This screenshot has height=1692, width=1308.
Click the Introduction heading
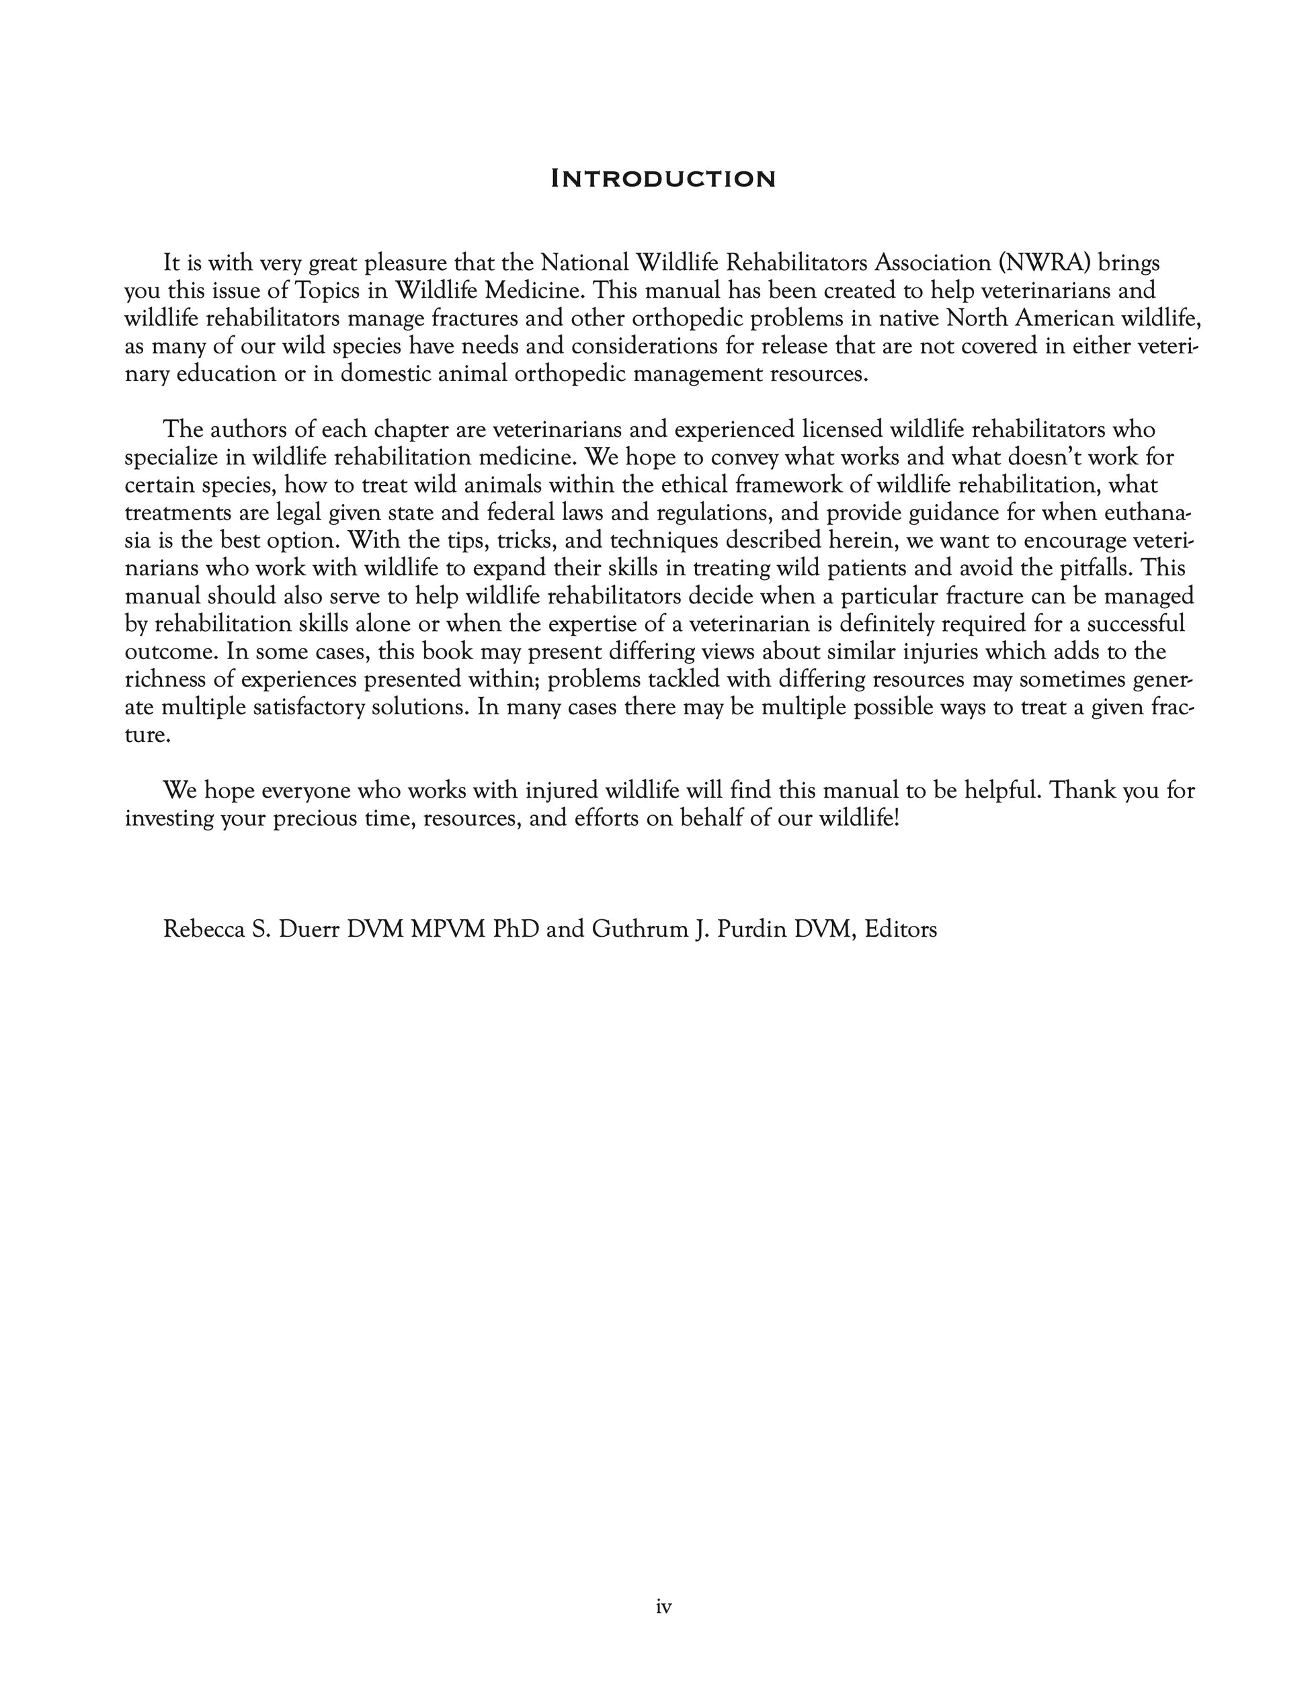pos(663,179)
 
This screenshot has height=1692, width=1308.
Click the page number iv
pos(663,1607)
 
